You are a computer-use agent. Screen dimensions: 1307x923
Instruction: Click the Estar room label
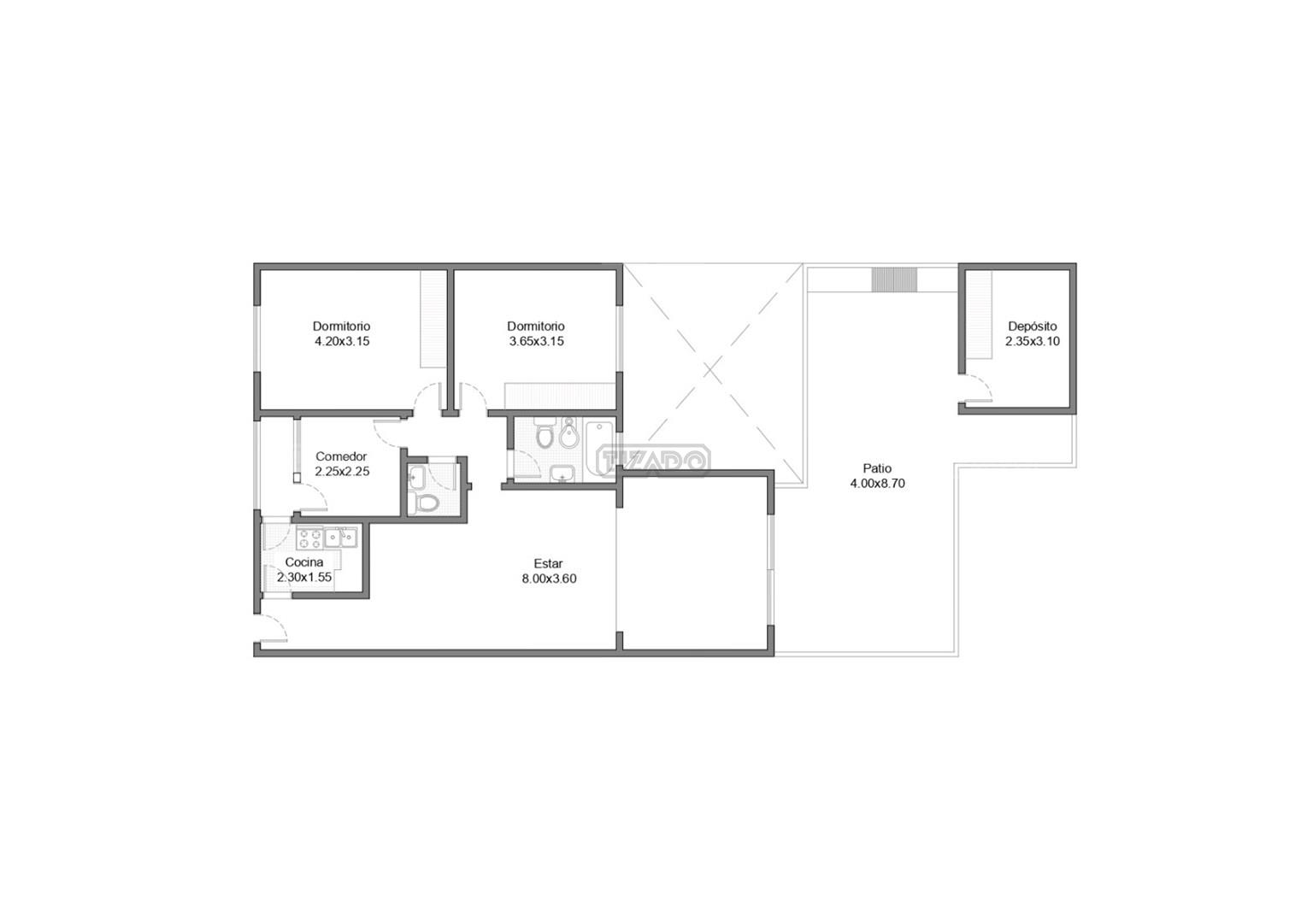(548, 563)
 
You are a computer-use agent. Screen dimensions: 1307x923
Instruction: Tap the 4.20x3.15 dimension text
(342, 341)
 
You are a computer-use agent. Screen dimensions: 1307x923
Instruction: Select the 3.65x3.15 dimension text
(536, 341)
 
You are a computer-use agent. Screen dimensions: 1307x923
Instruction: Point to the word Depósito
(1033, 326)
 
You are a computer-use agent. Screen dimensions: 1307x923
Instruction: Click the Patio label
(877, 468)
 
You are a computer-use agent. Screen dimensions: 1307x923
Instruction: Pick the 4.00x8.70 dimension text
(878, 483)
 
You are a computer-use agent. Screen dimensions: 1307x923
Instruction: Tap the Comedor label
(341, 456)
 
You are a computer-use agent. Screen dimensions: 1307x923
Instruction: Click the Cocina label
(304, 562)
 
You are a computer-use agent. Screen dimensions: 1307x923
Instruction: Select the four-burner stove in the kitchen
(309, 538)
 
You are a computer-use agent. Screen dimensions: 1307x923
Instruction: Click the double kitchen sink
(341, 538)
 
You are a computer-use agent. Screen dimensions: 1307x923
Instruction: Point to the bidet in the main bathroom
(569, 435)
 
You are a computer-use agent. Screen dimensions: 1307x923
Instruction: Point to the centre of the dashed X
(710, 370)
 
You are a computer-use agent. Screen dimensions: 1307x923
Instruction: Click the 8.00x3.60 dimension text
(549, 579)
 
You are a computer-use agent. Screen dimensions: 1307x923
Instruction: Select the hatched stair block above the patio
(894, 280)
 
